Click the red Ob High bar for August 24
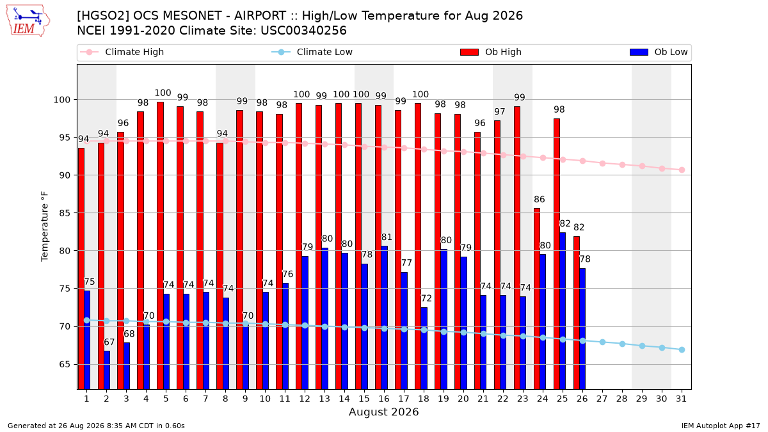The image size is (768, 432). pyautogui.click(x=537, y=299)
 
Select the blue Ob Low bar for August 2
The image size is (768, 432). pyautogui.click(x=107, y=370)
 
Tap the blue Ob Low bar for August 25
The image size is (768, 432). pyautogui.click(x=563, y=311)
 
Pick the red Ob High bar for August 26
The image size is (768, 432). pyautogui.click(x=577, y=313)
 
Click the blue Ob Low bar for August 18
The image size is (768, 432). pyautogui.click(x=424, y=348)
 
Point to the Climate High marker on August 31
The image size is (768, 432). pyautogui.click(x=682, y=170)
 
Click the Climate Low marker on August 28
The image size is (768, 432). pyautogui.click(x=622, y=344)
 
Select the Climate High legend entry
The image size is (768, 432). pyautogui.click(x=122, y=52)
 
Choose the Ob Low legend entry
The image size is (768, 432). pyautogui.click(x=659, y=52)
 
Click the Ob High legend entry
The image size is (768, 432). pyautogui.click(x=491, y=52)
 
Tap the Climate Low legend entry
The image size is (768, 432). pyautogui.click(x=312, y=52)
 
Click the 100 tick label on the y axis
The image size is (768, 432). pyautogui.click(x=61, y=100)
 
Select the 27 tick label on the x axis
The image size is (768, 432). pyautogui.click(x=602, y=399)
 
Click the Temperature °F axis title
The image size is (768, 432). pyautogui.click(x=45, y=227)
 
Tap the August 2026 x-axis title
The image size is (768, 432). pyautogui.click(x=383, y=412)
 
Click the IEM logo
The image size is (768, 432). pyautogui.click(x=28, y=21)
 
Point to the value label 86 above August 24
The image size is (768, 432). pyautogui.click(x=540, y=199)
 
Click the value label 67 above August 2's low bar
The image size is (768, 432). pyautogui.click(x=109, y=342)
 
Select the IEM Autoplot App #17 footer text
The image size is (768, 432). pyautogui.click(x=721, y=426)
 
